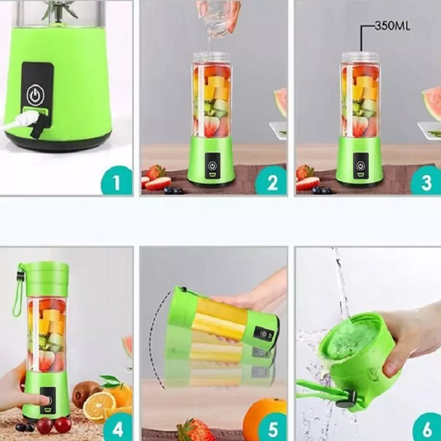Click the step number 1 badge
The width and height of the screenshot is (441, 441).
click(116, 181)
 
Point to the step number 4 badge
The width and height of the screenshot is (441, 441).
click(116, 427)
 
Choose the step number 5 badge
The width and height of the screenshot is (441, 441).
click(271, 427)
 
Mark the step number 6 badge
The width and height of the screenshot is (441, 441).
click(426, 427)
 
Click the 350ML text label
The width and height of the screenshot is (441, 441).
click(392, 25)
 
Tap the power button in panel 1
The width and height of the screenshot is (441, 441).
click(35, 95)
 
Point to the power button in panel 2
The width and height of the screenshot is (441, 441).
click(212, 165)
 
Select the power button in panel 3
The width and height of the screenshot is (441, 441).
click(361, 165)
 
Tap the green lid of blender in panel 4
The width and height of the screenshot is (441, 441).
click(46, 279)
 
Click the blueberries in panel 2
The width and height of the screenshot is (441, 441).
click(174, 190)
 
